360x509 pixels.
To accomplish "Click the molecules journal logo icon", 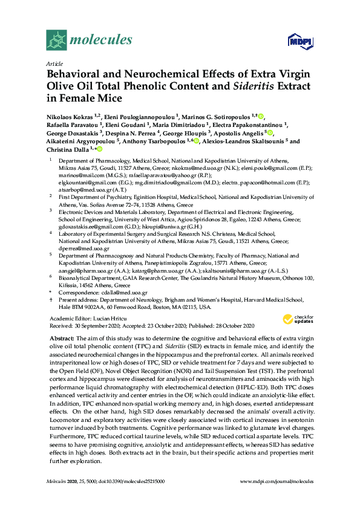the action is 56,41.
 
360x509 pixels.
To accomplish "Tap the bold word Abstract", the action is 61,337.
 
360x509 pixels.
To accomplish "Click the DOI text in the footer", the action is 114,482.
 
